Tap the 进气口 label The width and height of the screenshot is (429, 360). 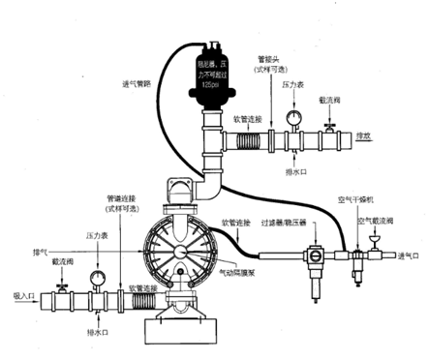click(409, 257)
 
